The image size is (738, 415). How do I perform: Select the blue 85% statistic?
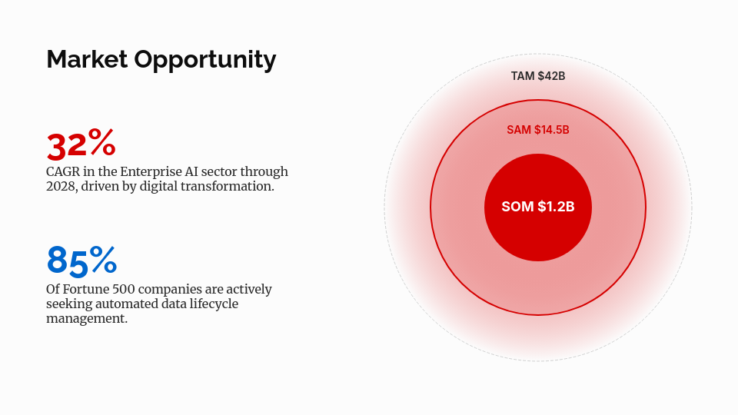point(81,261)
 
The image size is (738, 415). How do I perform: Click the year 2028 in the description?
point(61,186)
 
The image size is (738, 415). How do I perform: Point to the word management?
point(87,318)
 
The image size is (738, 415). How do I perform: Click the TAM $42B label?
point(538,76)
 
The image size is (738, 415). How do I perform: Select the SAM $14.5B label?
point(538,130)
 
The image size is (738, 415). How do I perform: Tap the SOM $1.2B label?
point(538,207)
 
